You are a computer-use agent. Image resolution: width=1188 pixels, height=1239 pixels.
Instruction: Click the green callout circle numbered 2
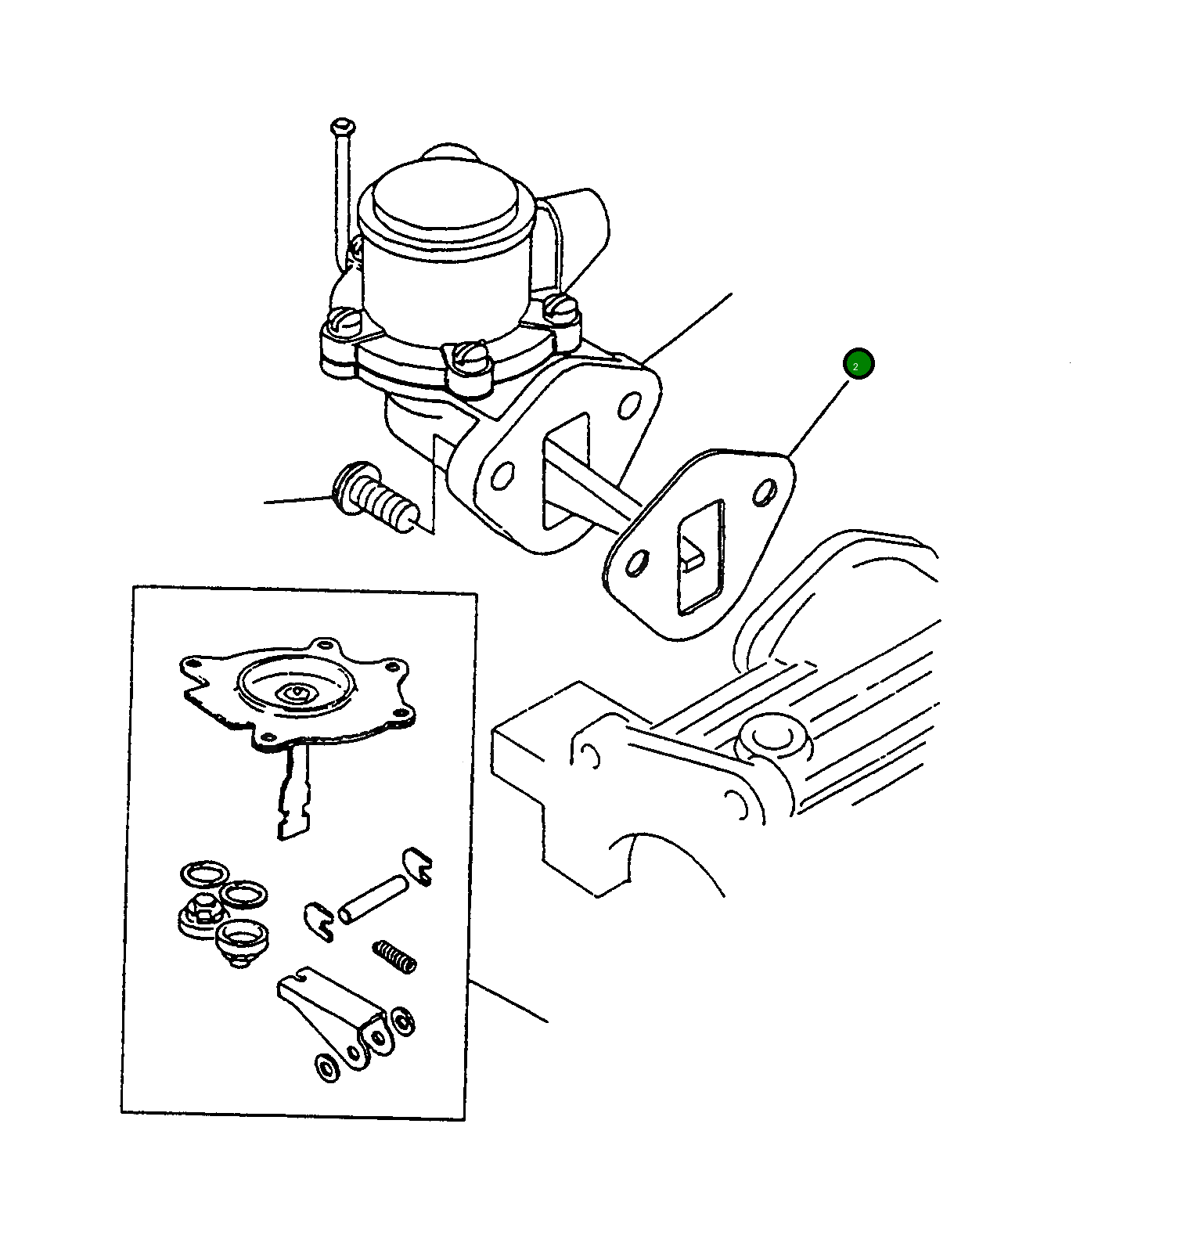tap(859, 364)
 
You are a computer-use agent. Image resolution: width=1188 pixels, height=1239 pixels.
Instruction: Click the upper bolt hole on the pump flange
tap(628, 407)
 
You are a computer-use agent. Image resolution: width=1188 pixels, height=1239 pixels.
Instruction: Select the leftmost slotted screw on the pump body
tap(343, 320)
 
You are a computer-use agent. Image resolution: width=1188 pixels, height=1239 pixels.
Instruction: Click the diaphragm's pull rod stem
tap(293, 791)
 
